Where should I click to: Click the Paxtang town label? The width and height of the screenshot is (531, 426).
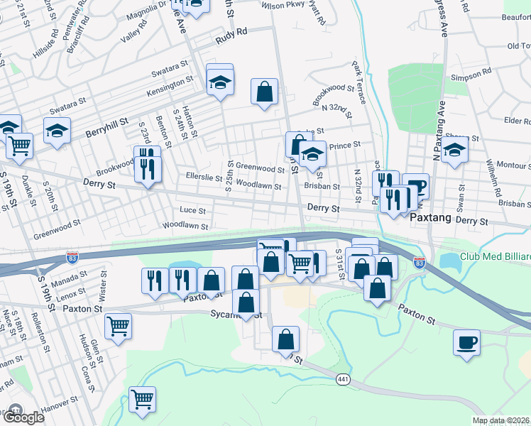tap(431, 218)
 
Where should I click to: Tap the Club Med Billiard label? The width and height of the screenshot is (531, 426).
tap(494, 257)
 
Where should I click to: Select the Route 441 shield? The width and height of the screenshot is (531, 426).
tap(343, 380)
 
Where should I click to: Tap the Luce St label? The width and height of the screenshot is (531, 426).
tap(192, 210)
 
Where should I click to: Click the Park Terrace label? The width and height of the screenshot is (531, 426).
tap(357, 82)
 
